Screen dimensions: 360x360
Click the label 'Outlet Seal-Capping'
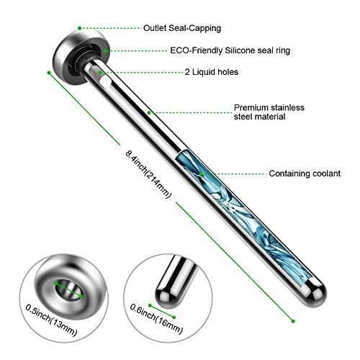182,28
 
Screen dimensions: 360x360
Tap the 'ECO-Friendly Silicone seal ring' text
230,50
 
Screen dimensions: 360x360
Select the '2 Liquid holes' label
212,72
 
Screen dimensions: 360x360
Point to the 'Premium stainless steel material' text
269,112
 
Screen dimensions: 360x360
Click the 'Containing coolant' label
305,174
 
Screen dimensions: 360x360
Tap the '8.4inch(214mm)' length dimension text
148,174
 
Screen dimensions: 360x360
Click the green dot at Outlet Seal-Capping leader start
80,28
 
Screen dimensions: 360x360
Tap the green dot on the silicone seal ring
105,51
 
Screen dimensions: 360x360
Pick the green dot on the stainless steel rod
149,112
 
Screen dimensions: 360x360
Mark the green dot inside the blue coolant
201,174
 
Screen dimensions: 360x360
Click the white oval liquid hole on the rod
105,82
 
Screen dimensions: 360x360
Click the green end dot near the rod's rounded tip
293,321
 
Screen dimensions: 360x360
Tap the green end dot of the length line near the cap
49,73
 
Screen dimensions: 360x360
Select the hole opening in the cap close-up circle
68,290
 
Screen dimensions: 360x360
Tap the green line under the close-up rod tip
162,312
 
